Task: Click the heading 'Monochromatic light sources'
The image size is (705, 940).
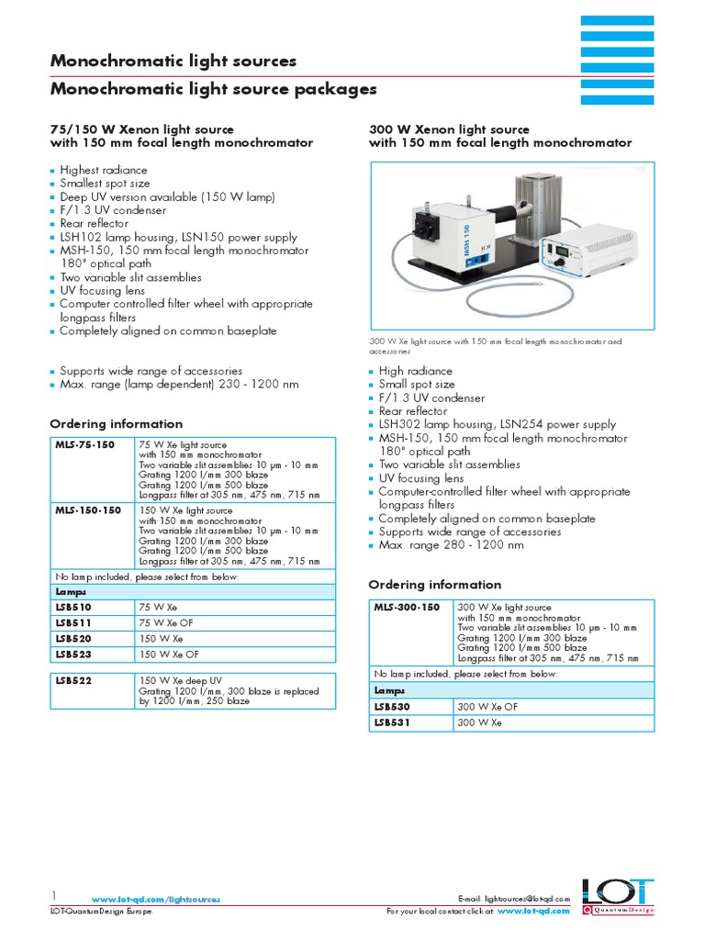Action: [173, 62]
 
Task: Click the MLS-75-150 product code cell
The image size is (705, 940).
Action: [85, 444]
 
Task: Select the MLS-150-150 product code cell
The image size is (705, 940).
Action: [88, 509]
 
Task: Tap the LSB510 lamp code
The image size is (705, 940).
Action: [73, 608]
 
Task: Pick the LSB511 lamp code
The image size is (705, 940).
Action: [73, 623]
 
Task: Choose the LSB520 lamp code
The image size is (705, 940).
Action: [73, 638]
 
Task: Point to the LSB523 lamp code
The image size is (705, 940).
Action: [73, 655]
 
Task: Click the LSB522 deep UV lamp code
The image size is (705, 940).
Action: [73, 680]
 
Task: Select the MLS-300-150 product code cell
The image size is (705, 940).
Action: [407, 608]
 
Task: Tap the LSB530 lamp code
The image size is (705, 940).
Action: [393, 707]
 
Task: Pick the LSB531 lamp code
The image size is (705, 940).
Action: [393, 722]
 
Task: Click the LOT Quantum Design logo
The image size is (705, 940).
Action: [618, 897]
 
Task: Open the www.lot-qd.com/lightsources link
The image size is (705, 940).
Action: [156, 900]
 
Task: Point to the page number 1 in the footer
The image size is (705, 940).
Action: [53, 895]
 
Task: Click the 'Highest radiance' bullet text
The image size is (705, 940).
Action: [103, 170]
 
